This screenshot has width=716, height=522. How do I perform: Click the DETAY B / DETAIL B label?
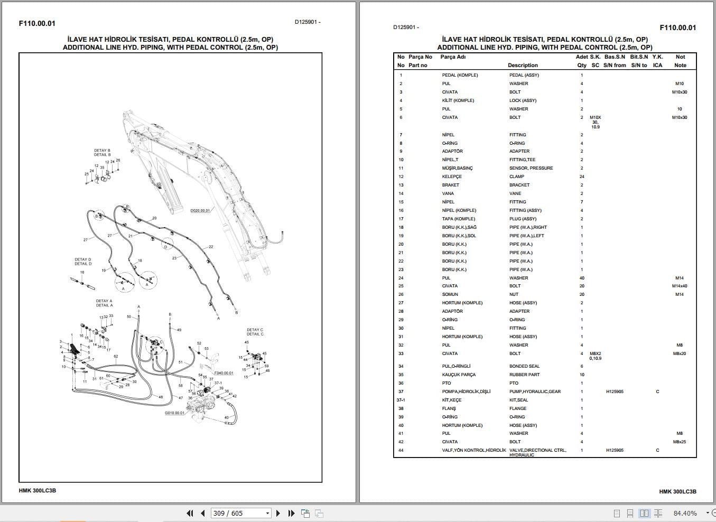pyautogui.click(x=102, y=153)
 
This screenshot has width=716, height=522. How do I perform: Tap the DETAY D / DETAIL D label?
pyautogui.click(x=83, y=262)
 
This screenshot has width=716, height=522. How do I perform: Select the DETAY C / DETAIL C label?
pyautogui.click(x=255, y=332)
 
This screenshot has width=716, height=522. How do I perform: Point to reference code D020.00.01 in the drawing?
pyautogui.click(x=200, y=210)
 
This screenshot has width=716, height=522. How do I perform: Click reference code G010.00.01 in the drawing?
pyautogui.click(x=174, y=413)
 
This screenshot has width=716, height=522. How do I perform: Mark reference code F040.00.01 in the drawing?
pyautogui.click(x=224, y=373)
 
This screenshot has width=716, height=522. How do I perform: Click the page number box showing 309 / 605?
pyautogui.click(x=241, y=513)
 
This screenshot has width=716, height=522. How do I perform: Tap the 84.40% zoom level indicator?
pyautogui.click(x=685, y=513)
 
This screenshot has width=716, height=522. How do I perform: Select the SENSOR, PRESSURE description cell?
pyautogui.click(x=531, y=168)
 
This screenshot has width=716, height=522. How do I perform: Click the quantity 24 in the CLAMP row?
pyautogui.click(x=582, y=176)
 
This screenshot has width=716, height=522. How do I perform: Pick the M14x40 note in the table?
pyautogui.click(x=680, y=286)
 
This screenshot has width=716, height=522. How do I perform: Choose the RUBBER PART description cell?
pyautogui.click(x=524, y=375)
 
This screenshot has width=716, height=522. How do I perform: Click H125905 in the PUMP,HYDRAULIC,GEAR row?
pyautogui.click(x=615, y=392)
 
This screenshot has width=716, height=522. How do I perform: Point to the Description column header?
pyautogui.click(x=523, y=66)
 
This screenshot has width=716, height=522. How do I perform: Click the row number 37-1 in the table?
pyautogui.click(x=401, y=400)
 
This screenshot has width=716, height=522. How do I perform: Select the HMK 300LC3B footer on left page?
pyautogui.click(x=38, y=490)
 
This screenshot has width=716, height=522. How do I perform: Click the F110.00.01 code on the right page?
pyautogui.click(x=678, y=27)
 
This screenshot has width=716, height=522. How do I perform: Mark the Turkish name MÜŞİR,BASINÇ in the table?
pyautogui.click(x=458, y=168)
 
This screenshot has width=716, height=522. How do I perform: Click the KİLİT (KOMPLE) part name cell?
pyautogui.click(x=458, y=100)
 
